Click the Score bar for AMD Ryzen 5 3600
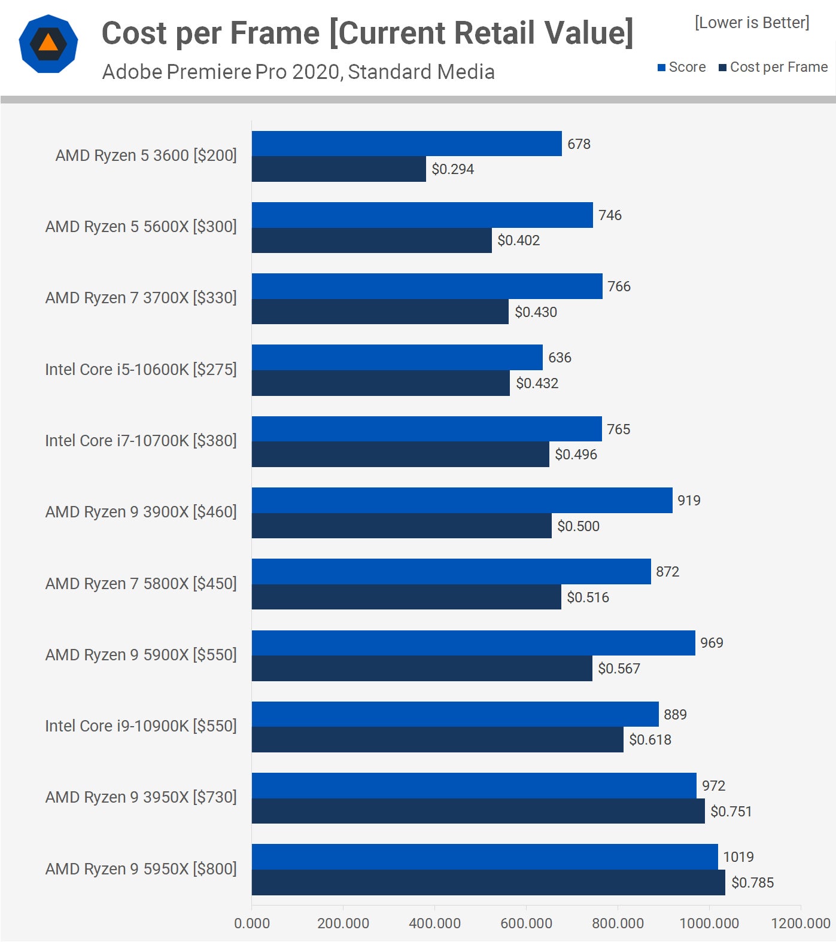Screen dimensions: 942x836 [406, 144]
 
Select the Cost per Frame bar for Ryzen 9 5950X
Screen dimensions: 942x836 [488, 882]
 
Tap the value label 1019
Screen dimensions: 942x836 [738, 857]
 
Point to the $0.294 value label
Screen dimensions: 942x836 [452, 169]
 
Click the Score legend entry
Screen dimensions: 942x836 [682, 67]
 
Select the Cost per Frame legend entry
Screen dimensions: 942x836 [773, 67]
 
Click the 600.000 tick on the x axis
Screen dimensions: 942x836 [526, 923]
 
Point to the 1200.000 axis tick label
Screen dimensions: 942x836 [800, 923]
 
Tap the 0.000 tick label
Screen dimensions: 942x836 [252, 923]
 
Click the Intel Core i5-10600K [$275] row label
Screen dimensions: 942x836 [141, 370]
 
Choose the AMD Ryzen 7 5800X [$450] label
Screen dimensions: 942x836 [141, 583]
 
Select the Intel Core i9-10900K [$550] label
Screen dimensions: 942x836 [141, 726]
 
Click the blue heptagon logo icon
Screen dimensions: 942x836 [48, 44]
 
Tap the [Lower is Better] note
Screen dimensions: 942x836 [752, 23]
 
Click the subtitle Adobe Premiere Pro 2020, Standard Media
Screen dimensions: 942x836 [298, 72]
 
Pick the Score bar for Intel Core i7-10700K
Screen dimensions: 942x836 [427, 429]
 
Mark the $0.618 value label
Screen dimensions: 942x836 [650, 740]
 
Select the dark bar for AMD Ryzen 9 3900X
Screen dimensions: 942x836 [402, 526]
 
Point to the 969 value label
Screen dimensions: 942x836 [712, 643]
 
